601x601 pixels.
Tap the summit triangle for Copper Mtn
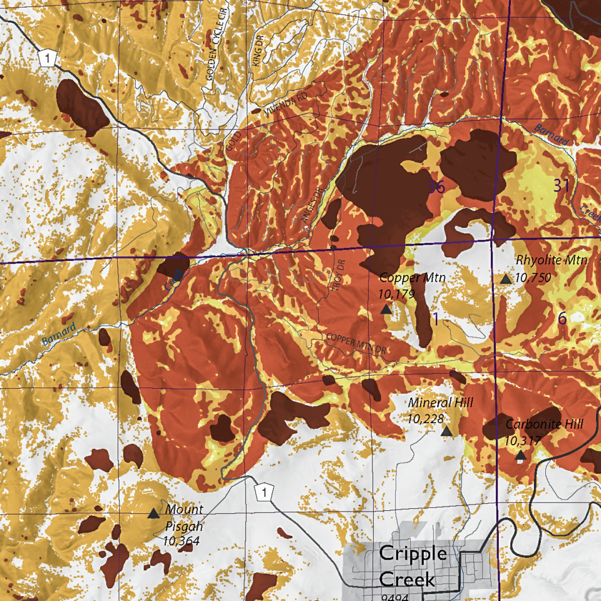tap(386, 309)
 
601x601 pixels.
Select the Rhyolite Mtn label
tap(552, 260)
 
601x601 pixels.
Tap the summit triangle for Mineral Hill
tap(446, 431)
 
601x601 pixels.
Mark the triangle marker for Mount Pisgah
tap(153, 513)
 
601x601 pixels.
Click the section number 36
tap(437, 187)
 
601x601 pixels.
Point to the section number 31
tap(562, 185)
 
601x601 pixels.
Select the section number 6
tap(562, 318)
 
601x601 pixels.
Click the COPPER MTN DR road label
tap(354, 345)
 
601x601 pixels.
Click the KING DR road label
tap(257, 51)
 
